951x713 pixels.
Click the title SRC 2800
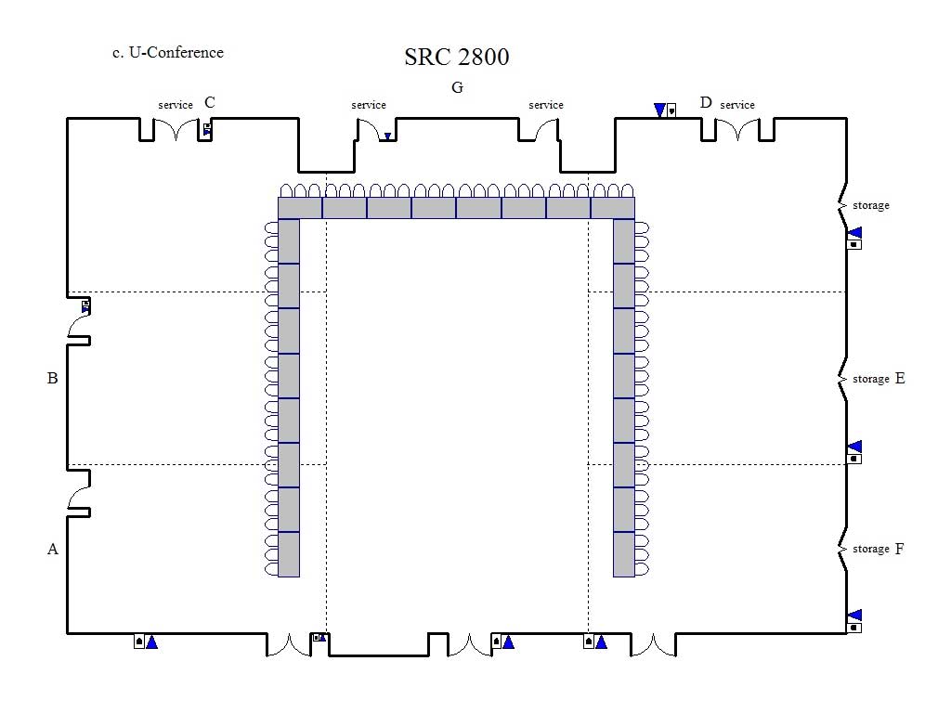coord(457,57)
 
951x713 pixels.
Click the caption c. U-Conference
coord(168,53)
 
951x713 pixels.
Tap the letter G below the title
coord(457,88)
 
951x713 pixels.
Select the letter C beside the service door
coord(210,102)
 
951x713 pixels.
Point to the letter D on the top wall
coord(706,102)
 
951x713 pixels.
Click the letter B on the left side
coord(53,379)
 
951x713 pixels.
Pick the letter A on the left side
coord(53,550)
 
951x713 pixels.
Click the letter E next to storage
coord(900,379)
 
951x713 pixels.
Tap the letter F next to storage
coord(899,549)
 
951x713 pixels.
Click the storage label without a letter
coord(871,205)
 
